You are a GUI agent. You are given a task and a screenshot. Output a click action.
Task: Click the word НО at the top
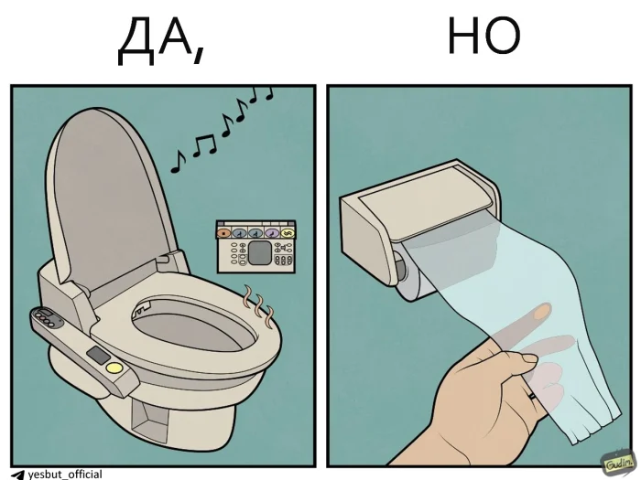[x=483, y=38]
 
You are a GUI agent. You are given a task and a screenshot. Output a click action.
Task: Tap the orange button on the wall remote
[x=224, y=232]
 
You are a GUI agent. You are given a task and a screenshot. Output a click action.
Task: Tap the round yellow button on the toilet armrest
[x=114, y=368]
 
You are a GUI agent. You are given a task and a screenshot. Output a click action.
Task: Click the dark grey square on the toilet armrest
[x=97, y=354]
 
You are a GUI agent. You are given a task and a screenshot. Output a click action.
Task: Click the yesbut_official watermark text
[x=64, y=474]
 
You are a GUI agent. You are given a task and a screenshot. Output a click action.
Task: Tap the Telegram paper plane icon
[x=17, y=474]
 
